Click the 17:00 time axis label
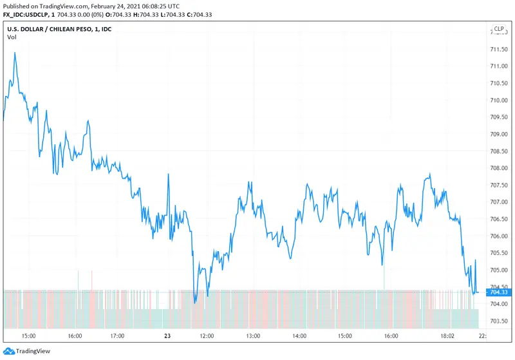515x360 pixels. (x=117, y=336)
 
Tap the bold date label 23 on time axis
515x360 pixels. (x=167, y=336)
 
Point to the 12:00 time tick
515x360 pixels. (x=208, y=336)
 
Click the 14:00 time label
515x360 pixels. (x=299, y=336)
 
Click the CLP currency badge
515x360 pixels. (x=499, y=28)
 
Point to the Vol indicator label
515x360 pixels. (x=12, y=37)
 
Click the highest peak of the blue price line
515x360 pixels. (x=15, y=53)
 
